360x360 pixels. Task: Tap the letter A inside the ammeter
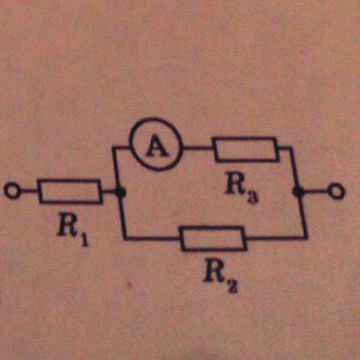point(157,146)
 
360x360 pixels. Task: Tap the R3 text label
point(241,188)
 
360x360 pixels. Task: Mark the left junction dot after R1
point(120,192)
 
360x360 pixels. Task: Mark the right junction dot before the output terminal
point(299,191)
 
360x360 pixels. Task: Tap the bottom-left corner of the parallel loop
point(125,239)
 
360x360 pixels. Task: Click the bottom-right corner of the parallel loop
point(306,238)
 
